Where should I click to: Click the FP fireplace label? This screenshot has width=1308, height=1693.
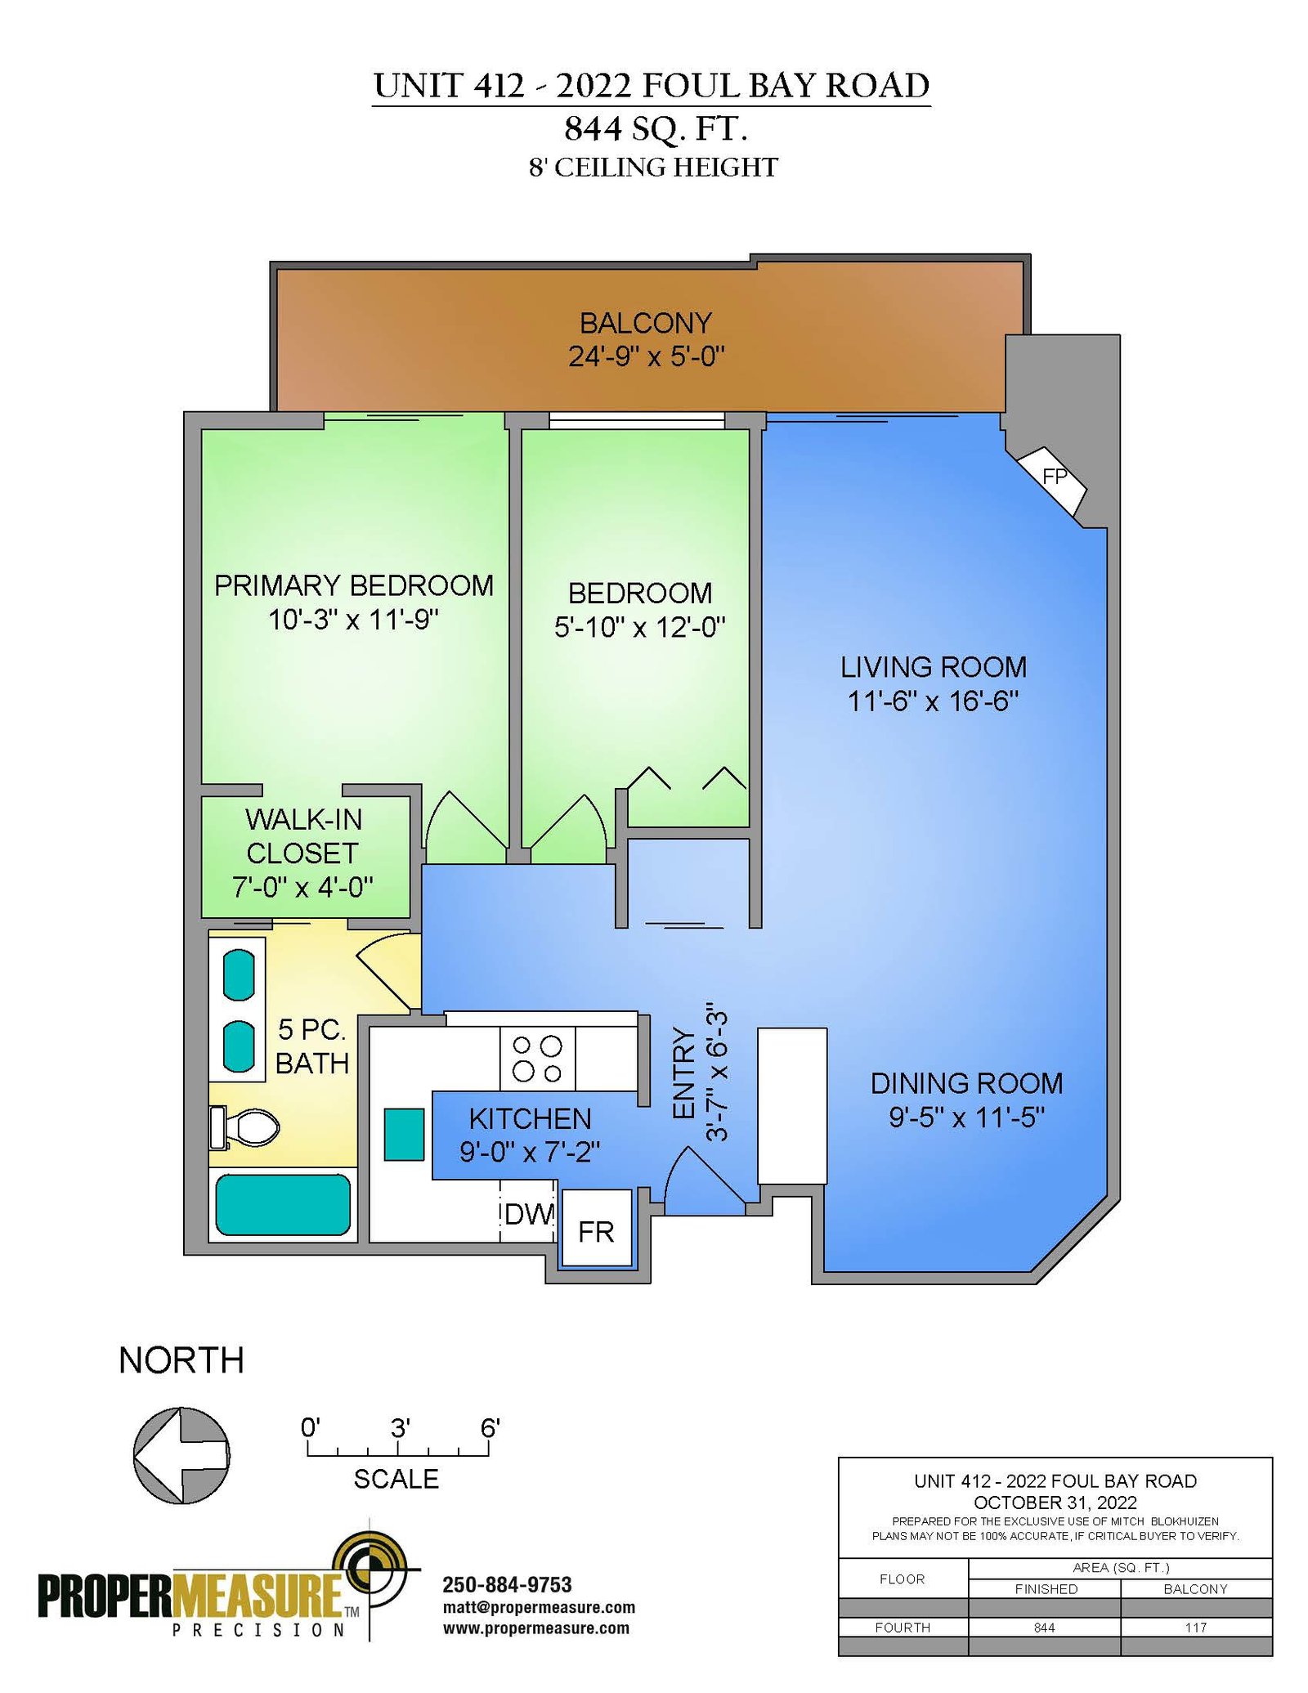pyautogui.click(x=1055, y=476)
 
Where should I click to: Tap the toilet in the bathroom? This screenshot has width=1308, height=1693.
pyautogui.click(x=244, y=1127)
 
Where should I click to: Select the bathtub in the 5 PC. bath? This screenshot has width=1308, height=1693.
pyautogui.click(x=283, y=1204)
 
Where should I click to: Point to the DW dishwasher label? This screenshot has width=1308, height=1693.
pyautogui.click(x=529, y=1214)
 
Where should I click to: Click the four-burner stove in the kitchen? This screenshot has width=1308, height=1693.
pyautogui.click(x=537, y=1059)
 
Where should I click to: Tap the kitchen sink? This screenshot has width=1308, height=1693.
pyautogui.click(x=404, y=1134)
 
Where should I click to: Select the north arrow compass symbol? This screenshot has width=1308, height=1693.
pyautogui.click(x=181, y=1455)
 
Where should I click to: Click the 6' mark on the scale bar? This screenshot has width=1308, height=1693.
pyautogui.click(x=490, y=1428)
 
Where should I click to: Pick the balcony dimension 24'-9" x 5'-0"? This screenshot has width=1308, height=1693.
pyautogui.click(x=647, y=356)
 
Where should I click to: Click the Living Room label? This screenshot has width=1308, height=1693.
pyautogui.click(x=934, y=666)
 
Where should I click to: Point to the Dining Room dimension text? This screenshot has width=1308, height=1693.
pyautogui.click(x=967, y=1117)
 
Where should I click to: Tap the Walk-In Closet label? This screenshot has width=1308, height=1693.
pyautogui.click(x=303, y=835)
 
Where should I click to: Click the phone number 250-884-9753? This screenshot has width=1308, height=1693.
pyautogui.click(x=507, y=1585)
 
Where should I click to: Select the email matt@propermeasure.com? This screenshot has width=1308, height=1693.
pyautogui.click(x=539, y=1607)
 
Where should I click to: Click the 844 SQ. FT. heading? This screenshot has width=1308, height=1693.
pyautogui.click(x=656, y=128)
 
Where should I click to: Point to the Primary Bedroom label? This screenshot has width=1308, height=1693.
pyautogui.click(x=354, y=585)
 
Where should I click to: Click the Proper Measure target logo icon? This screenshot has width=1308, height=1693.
pyautogui.click(x=377, y=1570)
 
